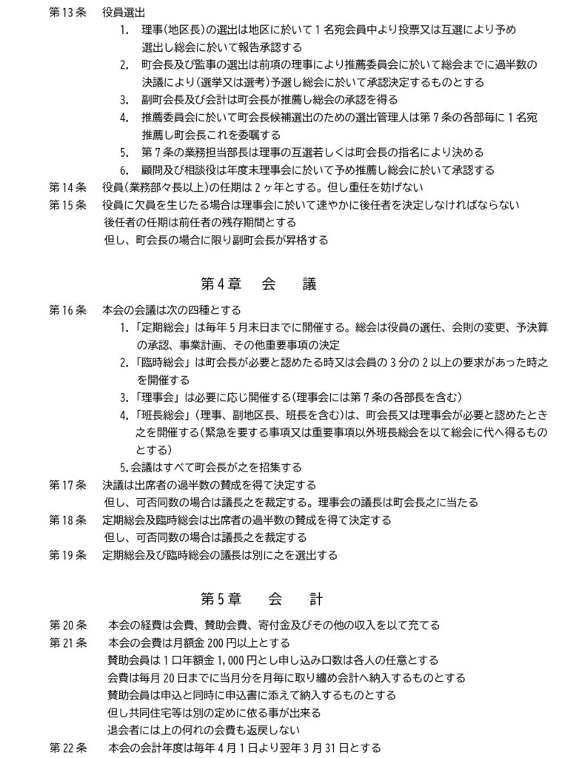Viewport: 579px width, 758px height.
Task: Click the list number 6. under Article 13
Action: (x=124, y=170)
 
